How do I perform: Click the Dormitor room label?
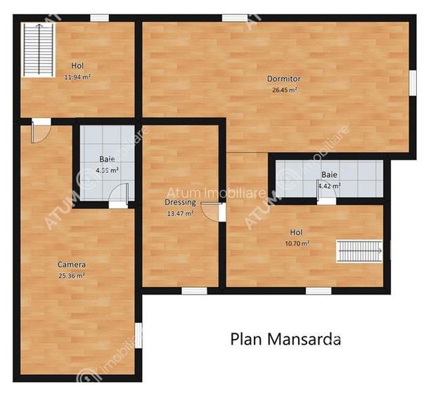(284, 79)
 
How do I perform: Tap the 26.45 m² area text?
(284, 90)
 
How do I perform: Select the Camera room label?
(72, 265)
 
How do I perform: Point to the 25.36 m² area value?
(72, 276)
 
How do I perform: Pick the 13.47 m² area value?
(179, 213)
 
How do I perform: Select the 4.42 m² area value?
(329, 186)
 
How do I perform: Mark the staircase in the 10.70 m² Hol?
(359, 250)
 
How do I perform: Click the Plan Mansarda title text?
(285, 339)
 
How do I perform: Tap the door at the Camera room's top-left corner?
(40, 130)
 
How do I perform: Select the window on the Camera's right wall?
(138, 335)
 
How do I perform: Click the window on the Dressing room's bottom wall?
(194, 290)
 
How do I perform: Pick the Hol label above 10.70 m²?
(297, 232)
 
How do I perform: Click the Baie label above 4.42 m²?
(329, 174)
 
